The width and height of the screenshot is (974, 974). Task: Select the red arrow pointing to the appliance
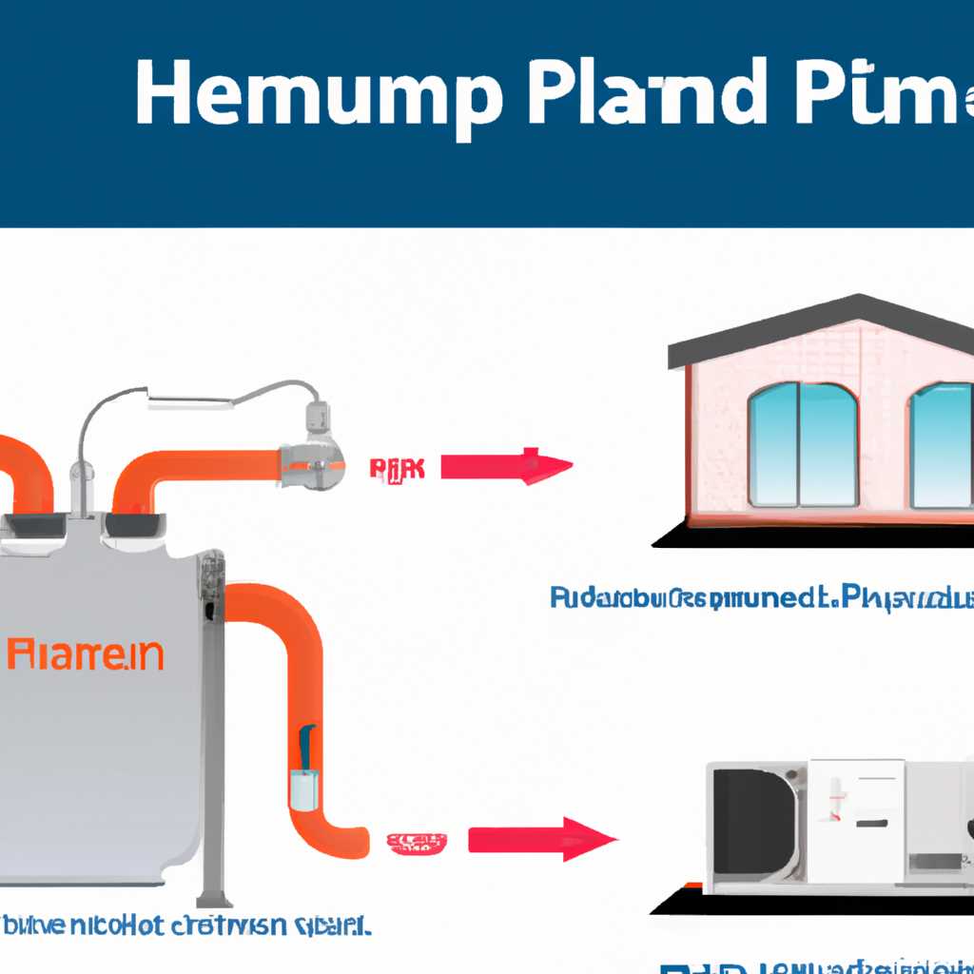[542, 840]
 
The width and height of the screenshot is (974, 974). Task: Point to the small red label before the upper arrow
[397, 467]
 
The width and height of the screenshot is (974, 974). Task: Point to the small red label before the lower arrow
[416, 841]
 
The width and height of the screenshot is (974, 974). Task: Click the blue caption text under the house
[761, 598]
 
